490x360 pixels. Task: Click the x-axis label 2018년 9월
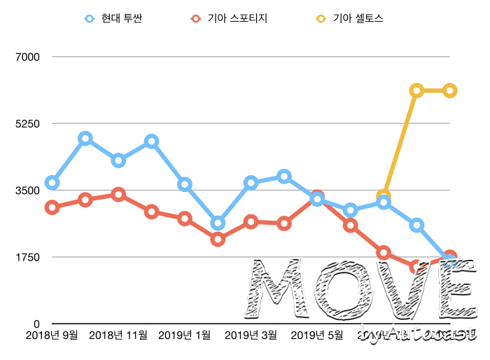(x=51, y=335)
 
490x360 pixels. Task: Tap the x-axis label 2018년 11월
(x=118, y=335)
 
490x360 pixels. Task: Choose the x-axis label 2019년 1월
(x=185, y=335)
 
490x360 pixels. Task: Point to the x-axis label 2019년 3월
(x=251, y=335)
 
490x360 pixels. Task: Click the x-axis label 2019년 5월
(x=317, y=335)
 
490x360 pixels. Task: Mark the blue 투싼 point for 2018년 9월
(x=52, y=183)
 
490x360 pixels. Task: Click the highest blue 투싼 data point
(x=85, y=139)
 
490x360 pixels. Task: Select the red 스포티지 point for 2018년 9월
(x=52, y=207)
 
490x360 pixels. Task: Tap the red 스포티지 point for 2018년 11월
(x=118, y=195)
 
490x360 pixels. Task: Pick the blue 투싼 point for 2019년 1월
(x=185, y=184)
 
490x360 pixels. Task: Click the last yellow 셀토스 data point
(x=450, y=90)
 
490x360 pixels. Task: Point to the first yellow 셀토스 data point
(x=384, y=197)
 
